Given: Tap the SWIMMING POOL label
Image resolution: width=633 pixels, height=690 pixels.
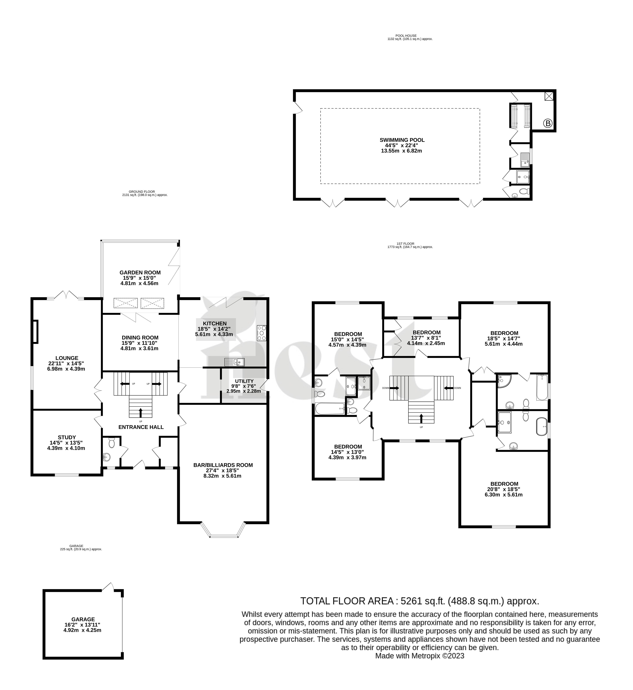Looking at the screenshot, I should coord(402,140).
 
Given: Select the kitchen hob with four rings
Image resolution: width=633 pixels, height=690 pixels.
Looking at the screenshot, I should coord(261,333).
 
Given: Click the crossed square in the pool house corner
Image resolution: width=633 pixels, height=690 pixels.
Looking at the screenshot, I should coord(549,96).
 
